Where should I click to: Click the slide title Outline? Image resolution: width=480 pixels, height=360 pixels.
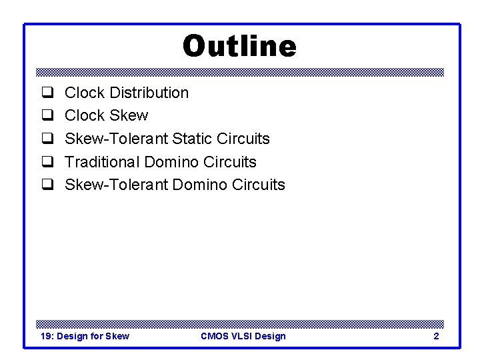[239, 47]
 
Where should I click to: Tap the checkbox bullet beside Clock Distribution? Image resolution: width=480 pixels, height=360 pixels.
[48, 93]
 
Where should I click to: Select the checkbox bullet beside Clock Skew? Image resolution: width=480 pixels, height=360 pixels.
[48, 116]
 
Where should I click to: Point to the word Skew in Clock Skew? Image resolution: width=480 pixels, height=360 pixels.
[128, 116]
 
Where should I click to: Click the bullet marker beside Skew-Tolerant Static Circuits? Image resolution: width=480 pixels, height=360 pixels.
[48, 139]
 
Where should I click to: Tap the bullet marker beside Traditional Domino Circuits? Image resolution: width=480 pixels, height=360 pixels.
[48, 162]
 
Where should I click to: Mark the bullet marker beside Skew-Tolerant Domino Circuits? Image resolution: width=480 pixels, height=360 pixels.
[48, 185]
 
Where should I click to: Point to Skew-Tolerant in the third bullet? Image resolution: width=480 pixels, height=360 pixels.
[116, 139]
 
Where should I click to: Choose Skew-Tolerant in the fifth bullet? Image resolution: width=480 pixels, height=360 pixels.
[116, 185]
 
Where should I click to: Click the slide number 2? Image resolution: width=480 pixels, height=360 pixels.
[436, 336]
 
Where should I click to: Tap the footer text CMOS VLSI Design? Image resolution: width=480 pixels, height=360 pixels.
[243, 336]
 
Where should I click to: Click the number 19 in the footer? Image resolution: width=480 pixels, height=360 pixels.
[46, 336]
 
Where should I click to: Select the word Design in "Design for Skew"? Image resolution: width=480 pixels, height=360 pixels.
[72, 336]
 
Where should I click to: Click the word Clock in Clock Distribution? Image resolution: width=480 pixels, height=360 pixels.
[84, 93]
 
